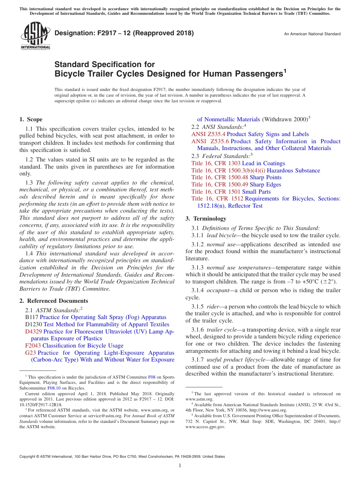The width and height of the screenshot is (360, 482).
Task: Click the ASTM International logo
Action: coord(35,36)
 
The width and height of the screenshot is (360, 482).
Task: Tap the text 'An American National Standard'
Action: coord(312,34)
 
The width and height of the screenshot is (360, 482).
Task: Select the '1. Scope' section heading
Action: coord(31,119)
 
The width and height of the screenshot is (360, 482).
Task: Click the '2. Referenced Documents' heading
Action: coord(53,301)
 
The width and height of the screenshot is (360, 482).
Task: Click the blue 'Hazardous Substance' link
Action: coord(293,171)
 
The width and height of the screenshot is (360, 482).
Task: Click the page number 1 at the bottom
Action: coord(180,466)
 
